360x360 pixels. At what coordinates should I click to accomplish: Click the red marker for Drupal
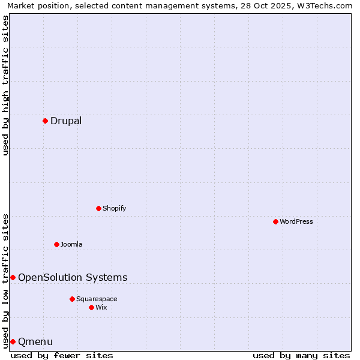(45, 121)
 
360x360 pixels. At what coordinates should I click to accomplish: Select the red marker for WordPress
(275, 221)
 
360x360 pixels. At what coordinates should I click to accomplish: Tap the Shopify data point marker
(98, 208)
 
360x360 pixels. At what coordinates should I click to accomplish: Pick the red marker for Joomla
(56, 244)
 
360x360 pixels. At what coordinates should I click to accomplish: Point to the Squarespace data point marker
(72, 299)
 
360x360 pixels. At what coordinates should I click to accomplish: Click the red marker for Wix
(91, 307)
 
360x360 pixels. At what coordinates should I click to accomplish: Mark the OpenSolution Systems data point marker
(13, 277)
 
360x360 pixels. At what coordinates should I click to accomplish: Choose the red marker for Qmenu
(13, 341)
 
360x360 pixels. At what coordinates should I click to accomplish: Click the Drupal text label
(66, 121)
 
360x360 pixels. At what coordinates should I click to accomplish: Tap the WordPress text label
(296, 221)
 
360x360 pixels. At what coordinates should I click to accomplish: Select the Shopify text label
(114, 208)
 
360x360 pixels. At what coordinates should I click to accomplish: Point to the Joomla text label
(71, 244)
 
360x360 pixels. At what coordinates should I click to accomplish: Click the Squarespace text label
(97, 299)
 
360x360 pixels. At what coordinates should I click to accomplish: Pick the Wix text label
(101, 307)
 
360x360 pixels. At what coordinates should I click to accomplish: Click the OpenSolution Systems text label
(73, 277)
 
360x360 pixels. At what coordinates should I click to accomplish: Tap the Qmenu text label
(35, 341)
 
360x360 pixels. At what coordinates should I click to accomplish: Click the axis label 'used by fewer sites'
(62, 355)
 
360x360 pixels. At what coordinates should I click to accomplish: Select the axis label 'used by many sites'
(301, 355)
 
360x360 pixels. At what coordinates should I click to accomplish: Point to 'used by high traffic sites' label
(5, 85)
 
